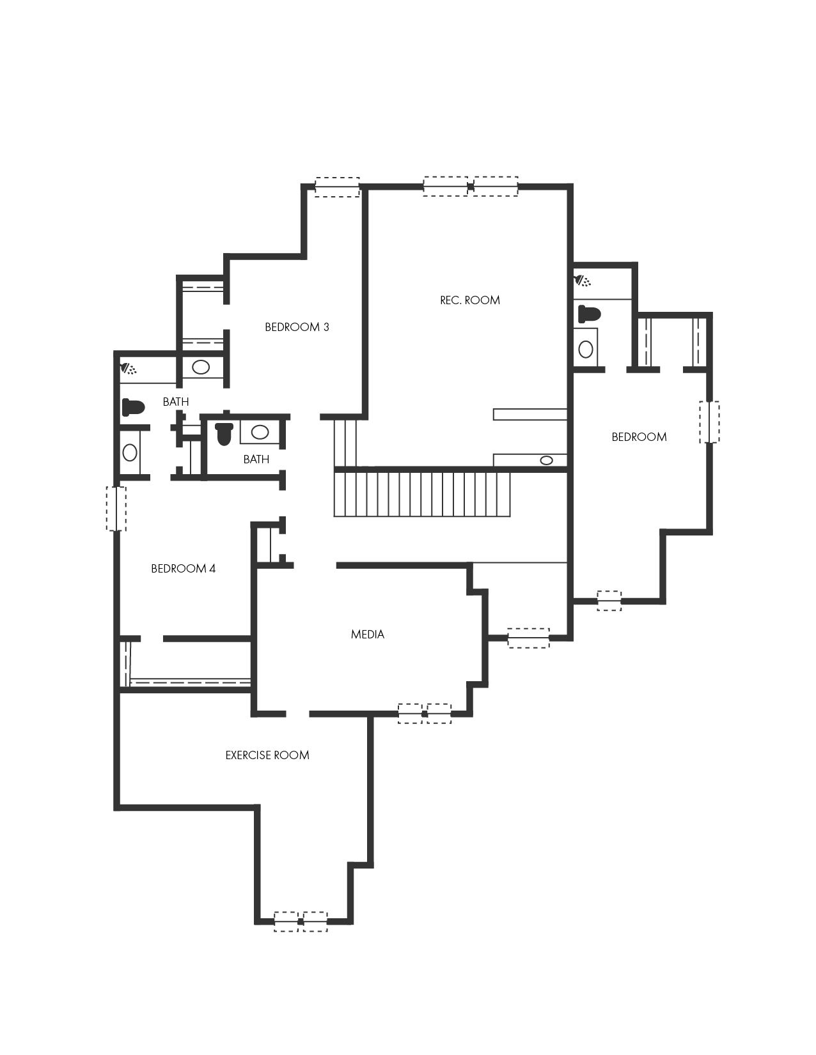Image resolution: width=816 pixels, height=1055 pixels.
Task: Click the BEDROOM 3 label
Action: point(297,327)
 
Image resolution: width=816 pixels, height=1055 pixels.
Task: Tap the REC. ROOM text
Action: point(469,300)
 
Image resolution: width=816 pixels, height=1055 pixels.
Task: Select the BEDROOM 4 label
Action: point(183,569)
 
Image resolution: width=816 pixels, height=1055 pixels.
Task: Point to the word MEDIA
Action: point(368,634)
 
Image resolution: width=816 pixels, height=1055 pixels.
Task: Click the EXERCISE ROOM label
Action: point(267,755)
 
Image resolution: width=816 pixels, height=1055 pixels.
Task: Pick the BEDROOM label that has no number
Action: point(639,437)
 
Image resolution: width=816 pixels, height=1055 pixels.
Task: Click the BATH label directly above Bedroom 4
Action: point(176,401)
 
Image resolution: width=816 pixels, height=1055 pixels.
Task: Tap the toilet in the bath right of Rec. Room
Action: point(590,314)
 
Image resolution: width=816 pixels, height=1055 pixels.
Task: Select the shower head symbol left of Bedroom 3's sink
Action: point(129,369)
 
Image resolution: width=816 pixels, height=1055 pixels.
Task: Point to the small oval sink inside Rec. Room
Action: point(546,460)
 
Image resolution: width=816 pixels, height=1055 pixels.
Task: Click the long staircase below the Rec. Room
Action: point(421,494)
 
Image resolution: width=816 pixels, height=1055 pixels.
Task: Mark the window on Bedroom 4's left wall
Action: point(116,509)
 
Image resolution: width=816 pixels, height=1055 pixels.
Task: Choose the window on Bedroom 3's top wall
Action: point(337,187)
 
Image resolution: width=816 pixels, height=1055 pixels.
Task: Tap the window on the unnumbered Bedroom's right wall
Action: point(709,422)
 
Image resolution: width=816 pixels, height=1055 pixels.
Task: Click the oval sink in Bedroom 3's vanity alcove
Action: point(201,367)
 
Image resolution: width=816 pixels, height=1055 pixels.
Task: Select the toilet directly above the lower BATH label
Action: point(224,433)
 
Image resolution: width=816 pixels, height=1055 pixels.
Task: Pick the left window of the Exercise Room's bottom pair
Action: point(286,921)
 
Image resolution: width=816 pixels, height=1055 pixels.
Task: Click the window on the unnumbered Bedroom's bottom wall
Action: point(609,601)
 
